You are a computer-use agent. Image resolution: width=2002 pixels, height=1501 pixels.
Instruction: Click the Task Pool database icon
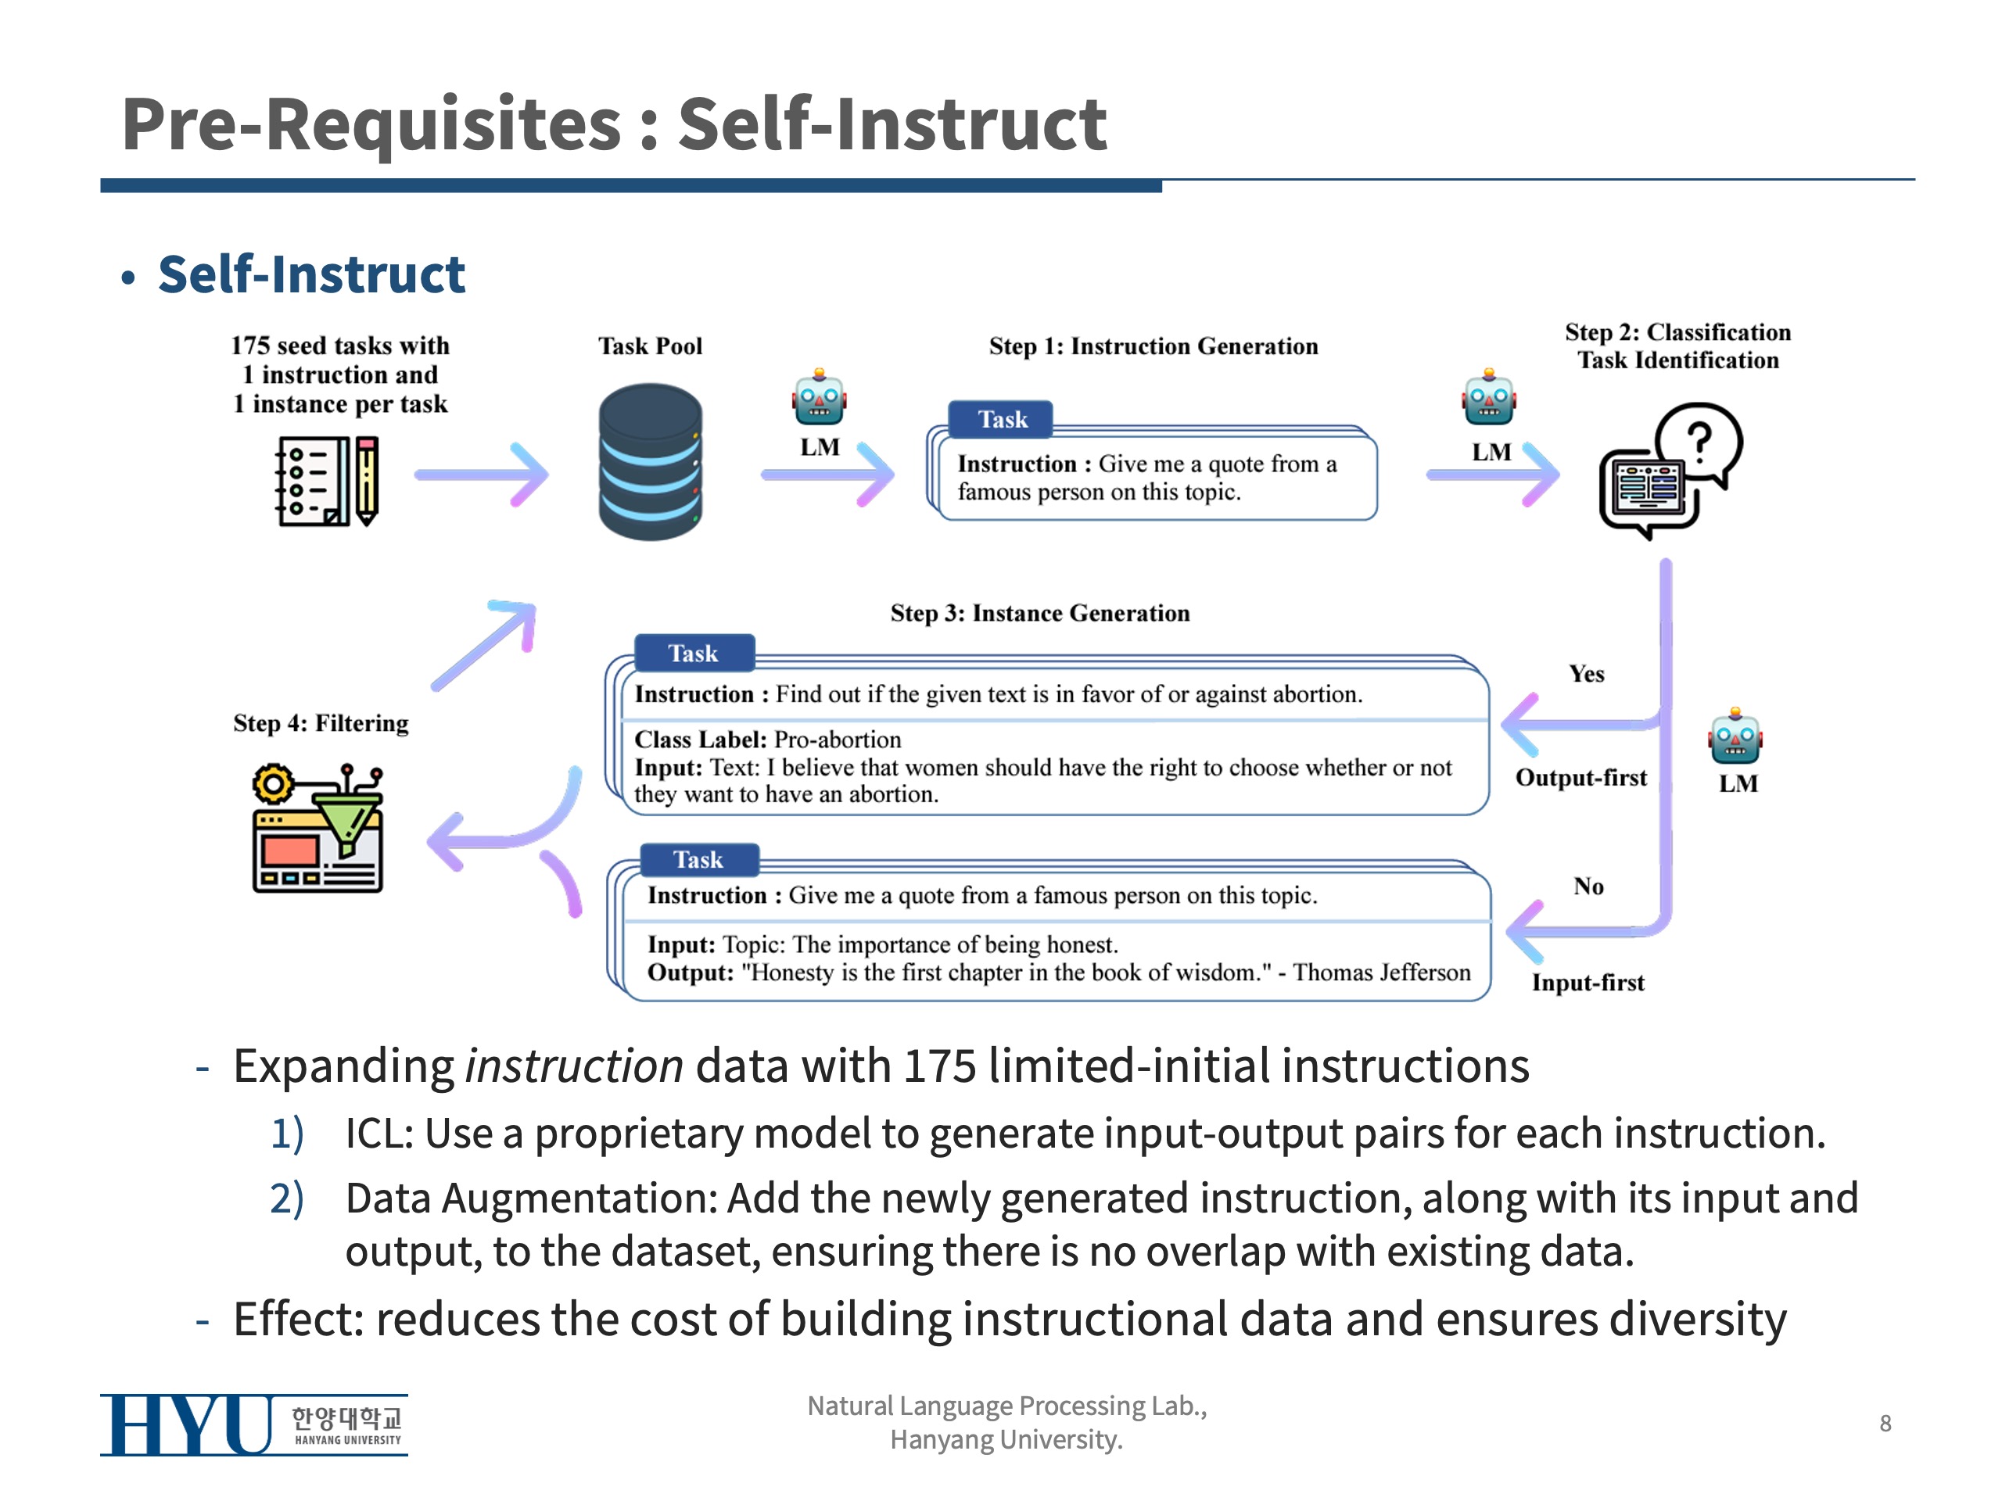[650, 461]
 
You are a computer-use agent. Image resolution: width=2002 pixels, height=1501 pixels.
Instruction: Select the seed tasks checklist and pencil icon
[327, 481]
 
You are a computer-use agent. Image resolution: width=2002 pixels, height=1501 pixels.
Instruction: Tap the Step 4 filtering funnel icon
[318, 829]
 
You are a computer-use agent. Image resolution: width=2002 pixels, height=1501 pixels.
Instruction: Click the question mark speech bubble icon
[1670, 468]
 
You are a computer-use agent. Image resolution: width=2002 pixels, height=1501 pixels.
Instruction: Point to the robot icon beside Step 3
[1735, 736]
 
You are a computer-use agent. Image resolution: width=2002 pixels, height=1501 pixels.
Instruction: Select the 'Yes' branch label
[1587, 674]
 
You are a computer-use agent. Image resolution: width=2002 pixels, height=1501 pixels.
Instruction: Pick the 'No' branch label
[1588, 887]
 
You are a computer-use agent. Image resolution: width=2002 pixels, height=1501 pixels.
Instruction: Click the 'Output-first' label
[1581, 778]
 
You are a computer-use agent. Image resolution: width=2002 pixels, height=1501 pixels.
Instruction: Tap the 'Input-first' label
[1588, 983]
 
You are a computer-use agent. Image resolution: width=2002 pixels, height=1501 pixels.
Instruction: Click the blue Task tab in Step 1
[1001, 420]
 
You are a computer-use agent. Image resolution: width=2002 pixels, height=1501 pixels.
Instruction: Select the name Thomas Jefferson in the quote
[1382, 973]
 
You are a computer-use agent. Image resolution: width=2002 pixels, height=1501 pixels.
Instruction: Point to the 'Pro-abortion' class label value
[838, 740]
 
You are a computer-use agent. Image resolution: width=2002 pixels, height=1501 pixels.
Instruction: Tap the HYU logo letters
[185, 1425]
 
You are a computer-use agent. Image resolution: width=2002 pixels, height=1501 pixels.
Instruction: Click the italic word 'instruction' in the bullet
[574, 1066]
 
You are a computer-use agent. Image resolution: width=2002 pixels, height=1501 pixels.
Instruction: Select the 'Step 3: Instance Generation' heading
[1040, 614]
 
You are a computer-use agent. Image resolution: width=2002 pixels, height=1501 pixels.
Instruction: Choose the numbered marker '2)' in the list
[287, 1198]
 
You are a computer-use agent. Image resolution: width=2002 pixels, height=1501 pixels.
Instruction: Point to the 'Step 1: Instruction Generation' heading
[1153, 346]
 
